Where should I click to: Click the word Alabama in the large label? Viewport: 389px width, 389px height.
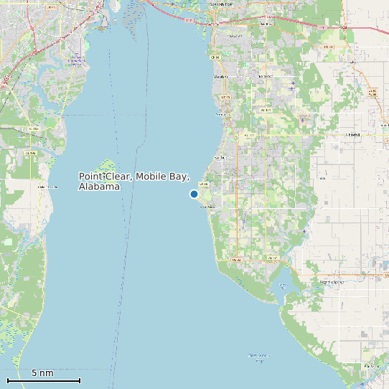[x=99, y=187]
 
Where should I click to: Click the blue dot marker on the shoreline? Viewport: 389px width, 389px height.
[x=194, y=194]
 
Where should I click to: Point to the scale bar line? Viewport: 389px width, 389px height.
[x=44, y=380]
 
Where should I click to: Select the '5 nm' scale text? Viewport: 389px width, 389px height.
[x=42, y=372]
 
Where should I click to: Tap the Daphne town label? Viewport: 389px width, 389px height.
[x=221, y=76]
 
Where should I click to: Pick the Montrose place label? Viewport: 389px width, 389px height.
[x=223, y=114]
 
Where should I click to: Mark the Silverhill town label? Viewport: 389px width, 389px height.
[x=352, y=134]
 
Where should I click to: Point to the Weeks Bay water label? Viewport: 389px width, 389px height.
[x=282, y=286]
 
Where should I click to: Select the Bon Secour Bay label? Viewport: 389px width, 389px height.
[x=259, y=357]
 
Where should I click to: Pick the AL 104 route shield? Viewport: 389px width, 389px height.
[x=249, y=135]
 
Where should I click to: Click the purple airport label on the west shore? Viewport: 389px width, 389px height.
[x=76, y=62]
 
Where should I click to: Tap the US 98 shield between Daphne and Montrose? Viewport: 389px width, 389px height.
[x=225, y=97]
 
